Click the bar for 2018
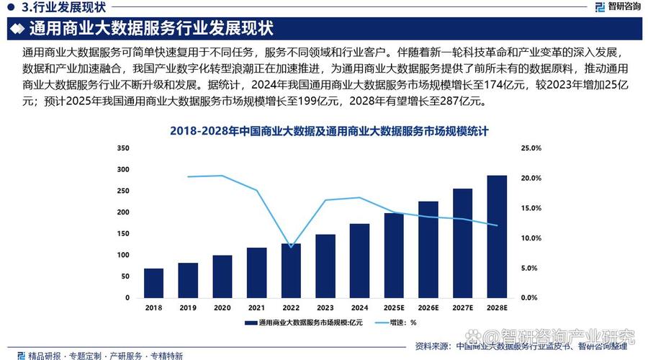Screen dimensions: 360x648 click(x=153, y=283)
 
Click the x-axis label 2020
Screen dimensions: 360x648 click(x=222, y=307)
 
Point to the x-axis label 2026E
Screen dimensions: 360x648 click(x=428, y=307)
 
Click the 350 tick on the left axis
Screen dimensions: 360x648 click(x=122, y=148)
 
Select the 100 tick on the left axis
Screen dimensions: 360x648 click(x=122, y=255)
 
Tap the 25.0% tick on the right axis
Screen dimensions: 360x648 click(x=530, y=148)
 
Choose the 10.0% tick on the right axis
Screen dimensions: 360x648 click(x=530, y=238)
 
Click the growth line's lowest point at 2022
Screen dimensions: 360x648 click(x=290, y=247)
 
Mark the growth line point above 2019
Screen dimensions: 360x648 click(x=188, y=176)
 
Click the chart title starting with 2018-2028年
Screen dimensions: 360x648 click(x=329, y=131)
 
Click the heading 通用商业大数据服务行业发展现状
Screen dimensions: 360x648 click(x=151, y=30)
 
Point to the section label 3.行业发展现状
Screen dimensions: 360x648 click(x=63, y=8)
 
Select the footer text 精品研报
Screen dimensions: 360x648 click(x=43, y=355)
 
